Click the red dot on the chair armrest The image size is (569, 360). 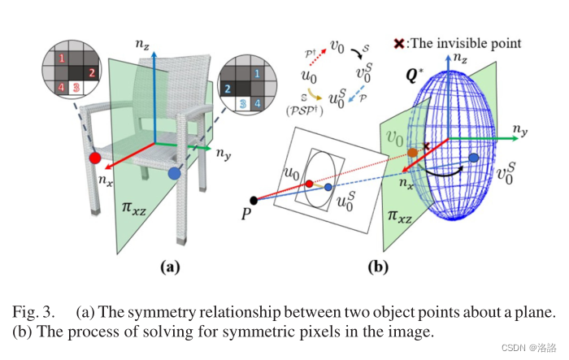(x=95, y=156)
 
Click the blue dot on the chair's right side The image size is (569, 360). (x=173, y=173)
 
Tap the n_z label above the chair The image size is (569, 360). (x=143, y=37)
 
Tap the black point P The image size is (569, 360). (x=254, y=200)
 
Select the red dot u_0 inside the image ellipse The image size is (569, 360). (x=308, y=184)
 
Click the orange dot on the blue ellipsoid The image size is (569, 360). (x=413, y=152)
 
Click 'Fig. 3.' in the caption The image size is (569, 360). (x=35, y=312)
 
